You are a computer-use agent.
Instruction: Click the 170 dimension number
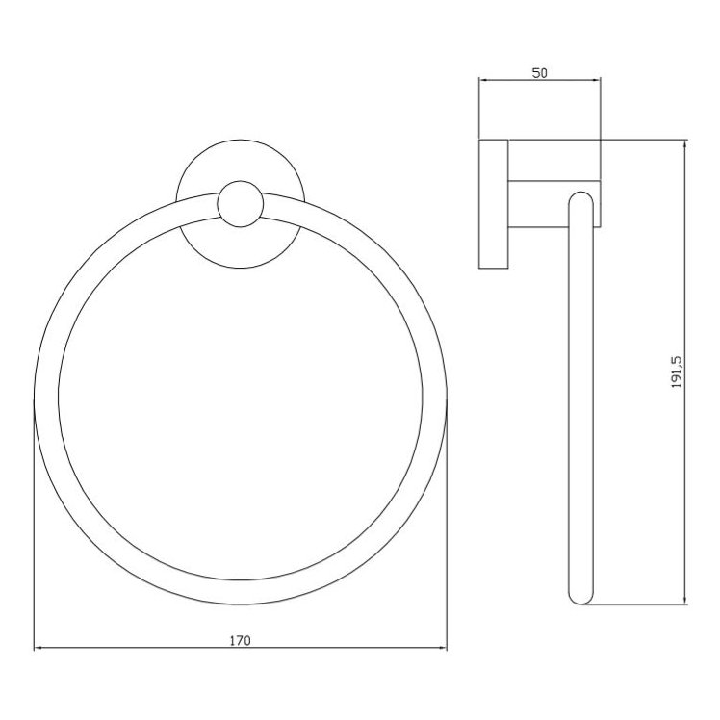241,640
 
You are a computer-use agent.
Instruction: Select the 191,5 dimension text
677,372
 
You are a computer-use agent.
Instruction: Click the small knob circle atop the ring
239,203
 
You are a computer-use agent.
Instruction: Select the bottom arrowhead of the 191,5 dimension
684,600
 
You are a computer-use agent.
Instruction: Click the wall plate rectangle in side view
493,204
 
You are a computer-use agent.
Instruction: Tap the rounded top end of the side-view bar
581,200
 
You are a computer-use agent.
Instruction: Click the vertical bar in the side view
581,404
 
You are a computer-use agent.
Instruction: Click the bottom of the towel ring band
241,593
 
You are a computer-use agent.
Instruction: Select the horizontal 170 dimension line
144,650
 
